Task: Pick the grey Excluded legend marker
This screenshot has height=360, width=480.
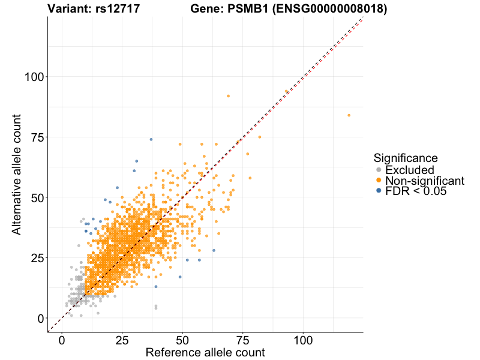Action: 378,170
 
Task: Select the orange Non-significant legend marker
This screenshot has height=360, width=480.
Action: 378,181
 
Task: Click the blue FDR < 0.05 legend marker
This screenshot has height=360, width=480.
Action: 378,191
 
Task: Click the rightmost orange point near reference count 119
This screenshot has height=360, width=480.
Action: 349,115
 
